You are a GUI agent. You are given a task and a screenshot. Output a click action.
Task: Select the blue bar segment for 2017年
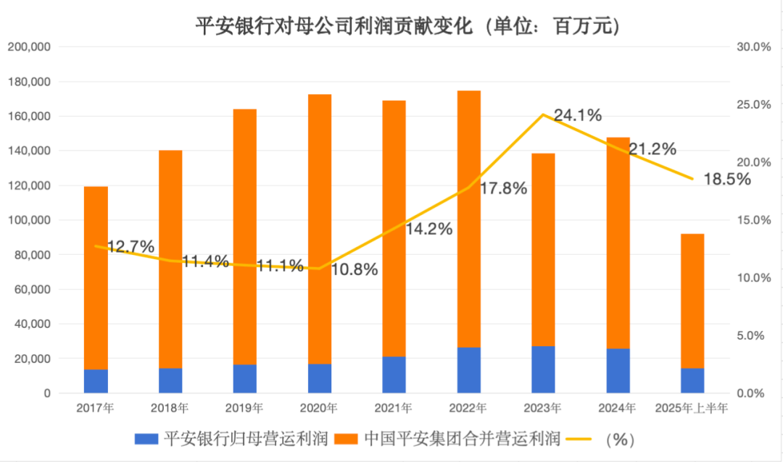[x=96, y=381]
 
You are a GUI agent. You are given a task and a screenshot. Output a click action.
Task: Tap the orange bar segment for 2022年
[x=468, y=217]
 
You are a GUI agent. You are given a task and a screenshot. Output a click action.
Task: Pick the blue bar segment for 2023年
[x=543, y=369]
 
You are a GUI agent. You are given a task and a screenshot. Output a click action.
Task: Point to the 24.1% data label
[x=578, y=114]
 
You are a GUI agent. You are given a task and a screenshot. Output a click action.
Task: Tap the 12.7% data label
[x=130, y=247]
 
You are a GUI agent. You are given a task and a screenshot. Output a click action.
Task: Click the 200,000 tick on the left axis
[x=28, y=47]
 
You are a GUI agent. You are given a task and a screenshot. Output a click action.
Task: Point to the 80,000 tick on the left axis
[x=31, y=255]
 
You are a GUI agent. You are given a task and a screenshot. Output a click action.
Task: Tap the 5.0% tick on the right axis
[x=753, y=336]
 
